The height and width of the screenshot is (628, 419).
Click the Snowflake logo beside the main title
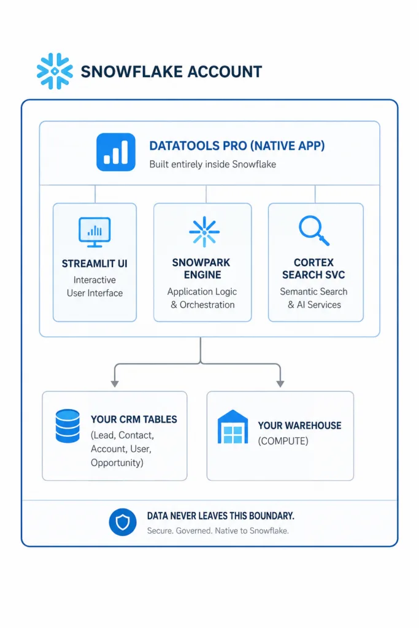pos(55,71)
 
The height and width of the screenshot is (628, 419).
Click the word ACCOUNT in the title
pos(225,72)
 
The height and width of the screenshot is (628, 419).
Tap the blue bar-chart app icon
pos(116,152)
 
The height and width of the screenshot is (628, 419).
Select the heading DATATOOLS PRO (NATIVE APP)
pos(237,145)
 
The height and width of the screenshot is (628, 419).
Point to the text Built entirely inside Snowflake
pos(213,164)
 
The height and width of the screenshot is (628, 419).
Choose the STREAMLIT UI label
pos(94,264)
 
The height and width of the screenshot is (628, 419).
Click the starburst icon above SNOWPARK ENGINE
pos(204,232)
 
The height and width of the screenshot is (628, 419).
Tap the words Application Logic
pos(202,291)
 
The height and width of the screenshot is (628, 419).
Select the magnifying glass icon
pos(314,231)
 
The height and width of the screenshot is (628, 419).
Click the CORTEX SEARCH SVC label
pos(313,269)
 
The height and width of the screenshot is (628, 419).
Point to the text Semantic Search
pos(313,291)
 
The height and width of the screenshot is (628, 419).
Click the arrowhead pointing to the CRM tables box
pos(115,384)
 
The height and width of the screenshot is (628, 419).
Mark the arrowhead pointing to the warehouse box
pos(280,384)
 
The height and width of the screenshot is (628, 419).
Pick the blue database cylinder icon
pos(67,426)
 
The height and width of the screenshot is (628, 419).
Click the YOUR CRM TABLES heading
pos(134,419)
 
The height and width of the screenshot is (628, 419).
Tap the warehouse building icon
pos(233,427)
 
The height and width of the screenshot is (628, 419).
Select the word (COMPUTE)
pos(283,441)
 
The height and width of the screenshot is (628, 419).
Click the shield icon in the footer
pos(123,523)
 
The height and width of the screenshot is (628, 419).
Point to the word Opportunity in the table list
pos(116,462)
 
